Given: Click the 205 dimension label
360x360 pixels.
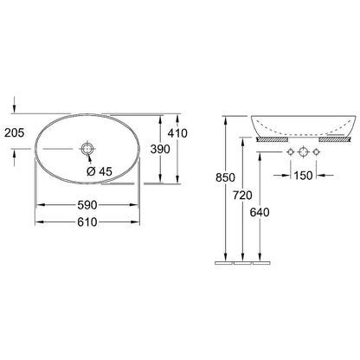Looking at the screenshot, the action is pos(15,133).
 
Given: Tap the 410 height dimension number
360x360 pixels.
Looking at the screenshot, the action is pos(177,133).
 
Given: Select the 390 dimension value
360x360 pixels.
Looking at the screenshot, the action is pos(160,149).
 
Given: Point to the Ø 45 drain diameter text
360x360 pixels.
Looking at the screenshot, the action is pos(99,171).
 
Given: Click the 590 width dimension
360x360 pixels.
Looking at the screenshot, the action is pos(87,205).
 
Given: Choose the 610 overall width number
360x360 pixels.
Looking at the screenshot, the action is pos(87,222).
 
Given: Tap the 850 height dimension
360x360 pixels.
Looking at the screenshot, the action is pos(225,177).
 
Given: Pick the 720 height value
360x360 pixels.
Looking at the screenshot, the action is pos(242,196).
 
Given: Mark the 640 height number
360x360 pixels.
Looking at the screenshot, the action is pos(260,212).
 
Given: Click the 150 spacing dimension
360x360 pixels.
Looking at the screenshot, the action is pos(303,175).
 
